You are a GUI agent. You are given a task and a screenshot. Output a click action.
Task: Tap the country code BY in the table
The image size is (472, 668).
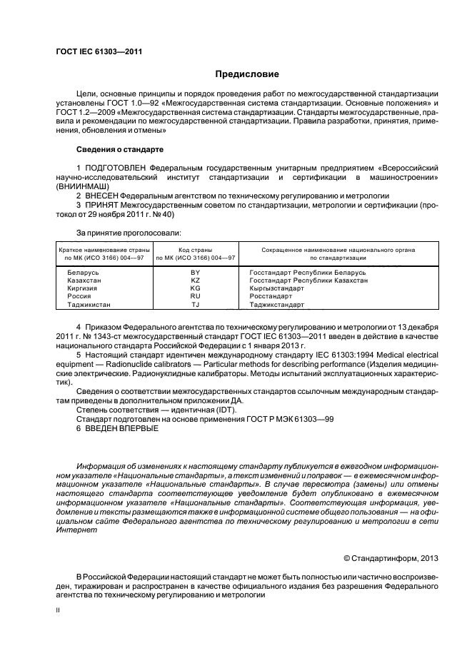pos(196,273)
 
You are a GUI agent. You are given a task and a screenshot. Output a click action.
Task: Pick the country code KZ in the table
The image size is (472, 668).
pos(196,281)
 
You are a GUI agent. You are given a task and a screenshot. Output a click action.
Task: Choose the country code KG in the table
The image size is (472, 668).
pos(196,288)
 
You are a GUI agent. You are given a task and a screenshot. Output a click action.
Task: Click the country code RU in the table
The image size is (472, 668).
pos(196,296)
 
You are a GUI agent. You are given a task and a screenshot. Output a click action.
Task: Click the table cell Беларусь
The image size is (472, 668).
pos(84,273)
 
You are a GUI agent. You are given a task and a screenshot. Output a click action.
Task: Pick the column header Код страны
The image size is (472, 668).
pos(196,250)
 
